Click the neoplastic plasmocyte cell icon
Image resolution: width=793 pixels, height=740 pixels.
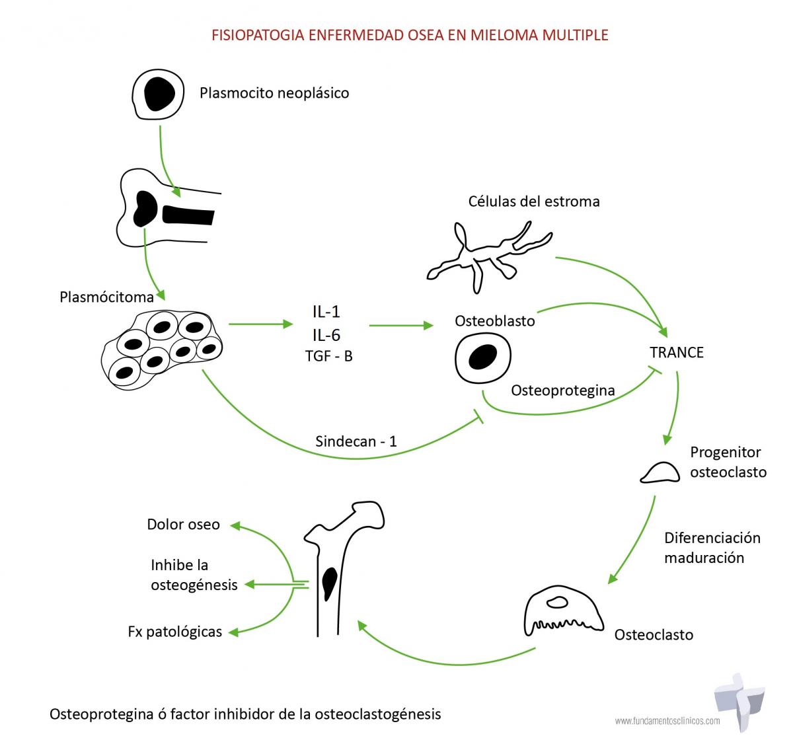coord(158,93)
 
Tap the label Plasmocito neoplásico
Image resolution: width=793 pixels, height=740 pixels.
coord(274,93)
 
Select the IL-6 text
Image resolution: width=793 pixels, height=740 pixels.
coord(326,335)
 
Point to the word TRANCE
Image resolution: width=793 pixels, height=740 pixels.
coord(677,352)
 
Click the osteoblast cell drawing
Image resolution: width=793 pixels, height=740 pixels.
coord(484,357)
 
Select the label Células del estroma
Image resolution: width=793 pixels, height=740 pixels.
coord(534,202)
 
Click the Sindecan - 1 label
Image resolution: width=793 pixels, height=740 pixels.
coord(356,441)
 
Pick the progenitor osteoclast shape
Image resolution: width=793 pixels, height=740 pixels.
coord(660,472)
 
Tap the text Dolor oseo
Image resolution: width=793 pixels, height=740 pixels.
coord(183,525)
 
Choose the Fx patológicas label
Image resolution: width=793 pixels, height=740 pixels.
coord(174,632)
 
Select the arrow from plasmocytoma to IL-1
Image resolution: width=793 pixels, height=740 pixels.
coord(260,324)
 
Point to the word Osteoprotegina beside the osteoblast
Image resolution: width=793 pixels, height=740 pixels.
coord(563,390)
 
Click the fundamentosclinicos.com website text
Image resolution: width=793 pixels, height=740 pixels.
coord(667,721)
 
